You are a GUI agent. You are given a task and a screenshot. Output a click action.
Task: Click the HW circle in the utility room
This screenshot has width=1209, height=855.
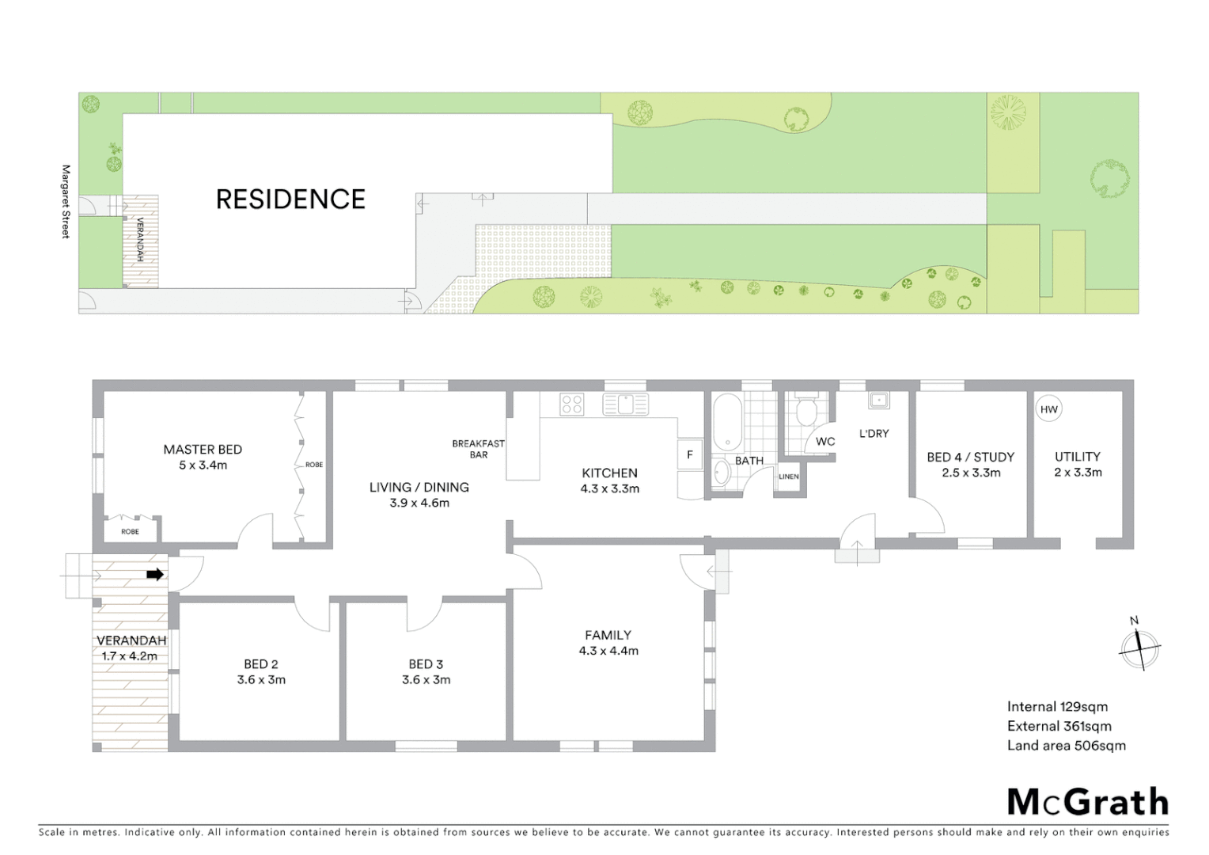point(1048,409)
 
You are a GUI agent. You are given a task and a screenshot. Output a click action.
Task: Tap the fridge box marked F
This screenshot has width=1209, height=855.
point(690,454)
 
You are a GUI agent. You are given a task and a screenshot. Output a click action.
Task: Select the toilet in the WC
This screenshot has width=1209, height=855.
point(807,410)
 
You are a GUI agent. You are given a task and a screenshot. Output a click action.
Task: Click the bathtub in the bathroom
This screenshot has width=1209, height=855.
point(726,422)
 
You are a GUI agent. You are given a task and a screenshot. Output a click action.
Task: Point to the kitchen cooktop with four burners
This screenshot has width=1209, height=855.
point(572,405)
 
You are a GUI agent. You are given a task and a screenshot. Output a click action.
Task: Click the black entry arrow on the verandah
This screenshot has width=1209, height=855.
point(155,575)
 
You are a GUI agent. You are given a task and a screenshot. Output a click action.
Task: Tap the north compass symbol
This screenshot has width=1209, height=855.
point(1139,647)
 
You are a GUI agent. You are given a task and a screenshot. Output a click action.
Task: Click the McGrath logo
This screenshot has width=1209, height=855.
point(1087,802)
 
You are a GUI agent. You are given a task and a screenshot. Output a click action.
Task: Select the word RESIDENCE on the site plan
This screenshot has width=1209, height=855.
point(290,199)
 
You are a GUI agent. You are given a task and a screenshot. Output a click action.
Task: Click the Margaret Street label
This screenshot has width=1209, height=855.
point(66,201)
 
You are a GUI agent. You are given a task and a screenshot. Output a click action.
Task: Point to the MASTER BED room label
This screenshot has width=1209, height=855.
point(203,450)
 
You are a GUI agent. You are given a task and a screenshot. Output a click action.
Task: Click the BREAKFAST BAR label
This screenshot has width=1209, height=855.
point(478,449)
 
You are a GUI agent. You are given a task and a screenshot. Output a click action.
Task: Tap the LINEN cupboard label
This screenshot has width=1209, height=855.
point(789,477)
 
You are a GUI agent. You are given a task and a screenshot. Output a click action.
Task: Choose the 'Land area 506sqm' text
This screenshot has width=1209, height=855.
point(1066,745)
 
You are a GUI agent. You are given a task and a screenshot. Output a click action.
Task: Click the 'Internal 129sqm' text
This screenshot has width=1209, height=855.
point(1057,707)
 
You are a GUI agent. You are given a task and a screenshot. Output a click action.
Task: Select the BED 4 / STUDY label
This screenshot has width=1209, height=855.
point(970,457)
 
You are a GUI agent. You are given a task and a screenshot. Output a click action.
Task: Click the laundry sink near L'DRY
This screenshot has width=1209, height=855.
point(878,401)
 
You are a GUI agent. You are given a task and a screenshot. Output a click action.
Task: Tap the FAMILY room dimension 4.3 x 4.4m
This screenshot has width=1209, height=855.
point(608,651)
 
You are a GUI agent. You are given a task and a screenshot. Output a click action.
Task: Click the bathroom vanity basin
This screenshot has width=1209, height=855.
point(721,473)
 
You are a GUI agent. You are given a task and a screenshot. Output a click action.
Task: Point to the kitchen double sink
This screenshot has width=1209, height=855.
point(625,404)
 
